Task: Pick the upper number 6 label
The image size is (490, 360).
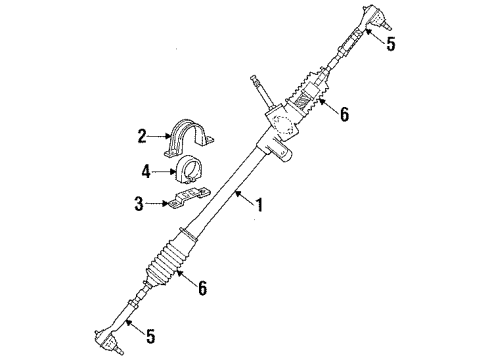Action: point(343,114)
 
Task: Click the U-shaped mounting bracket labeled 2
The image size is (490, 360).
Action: point(190,138)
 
